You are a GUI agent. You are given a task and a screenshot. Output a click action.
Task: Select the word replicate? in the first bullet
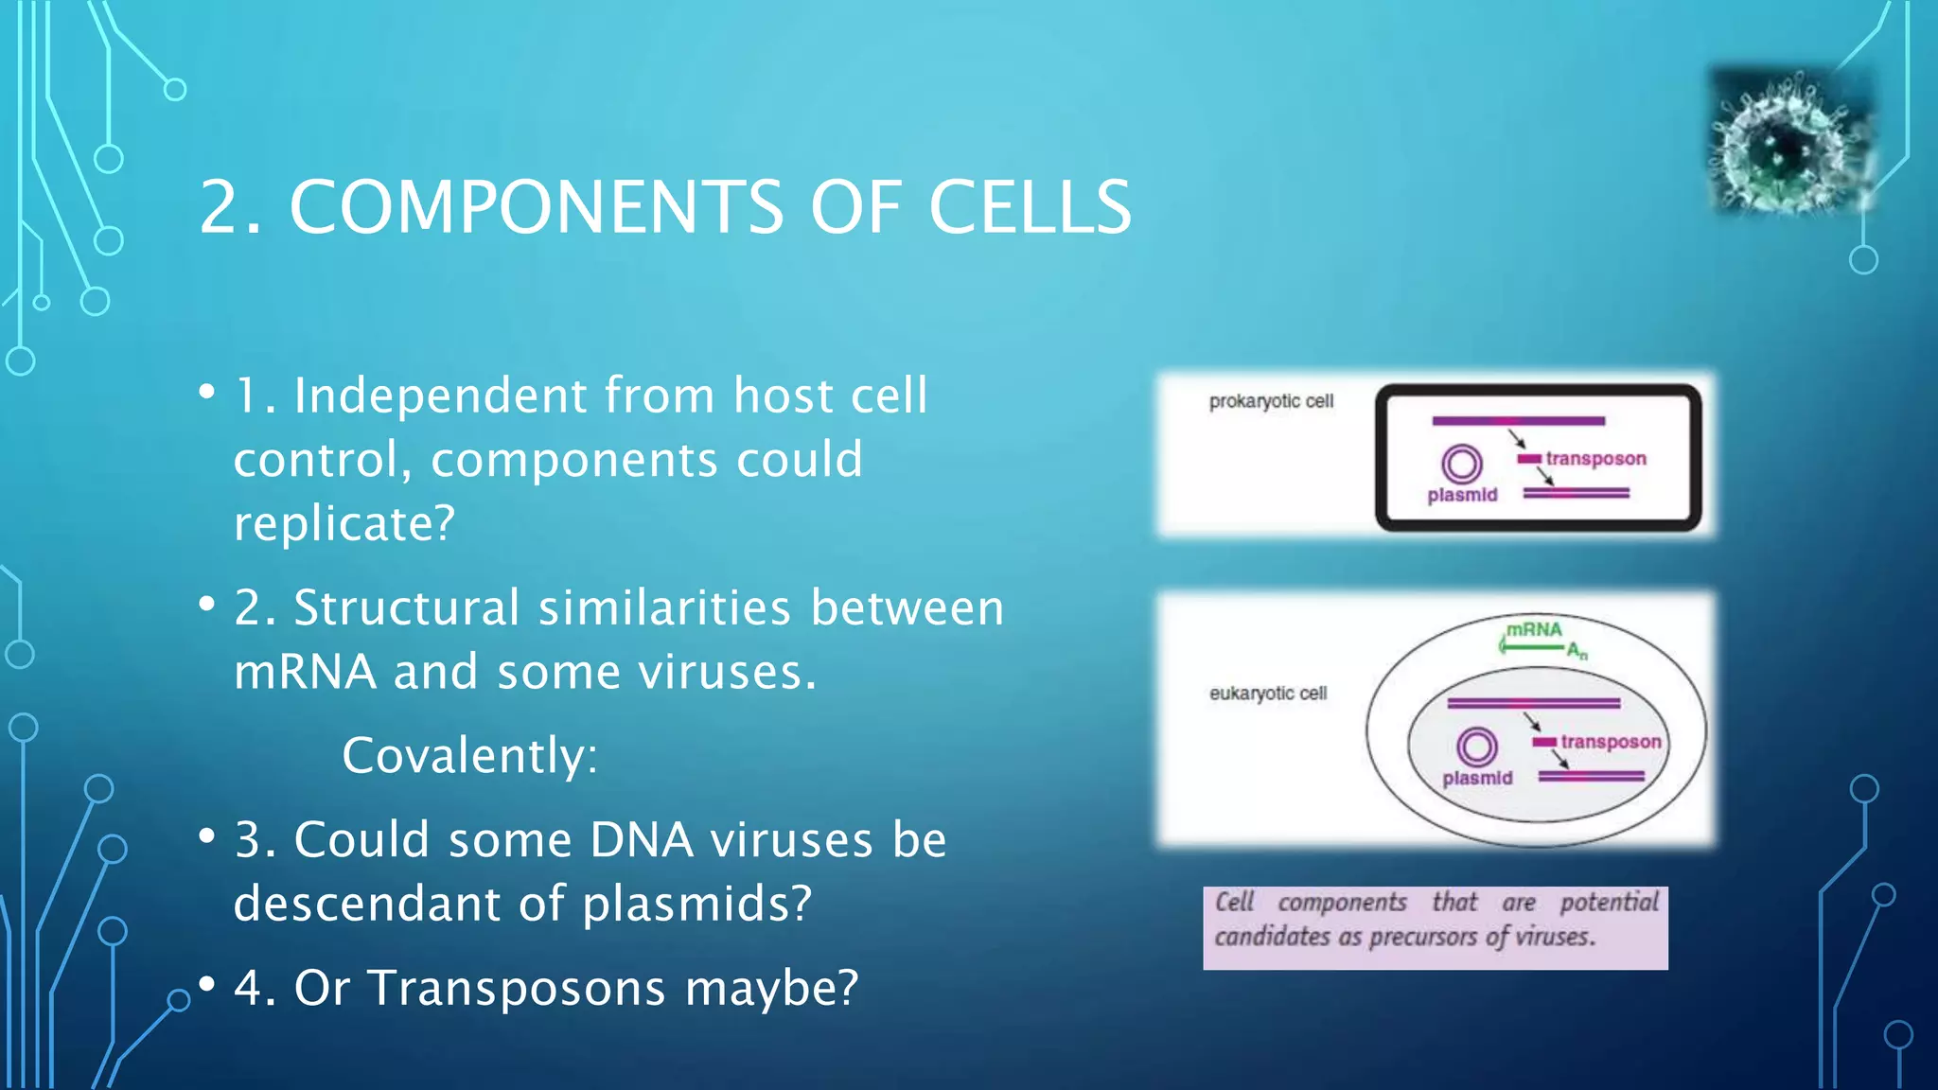344,523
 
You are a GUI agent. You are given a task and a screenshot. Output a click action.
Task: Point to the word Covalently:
470,755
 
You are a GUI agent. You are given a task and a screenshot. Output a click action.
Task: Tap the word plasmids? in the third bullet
696,904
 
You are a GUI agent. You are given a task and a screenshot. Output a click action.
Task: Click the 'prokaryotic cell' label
1271,401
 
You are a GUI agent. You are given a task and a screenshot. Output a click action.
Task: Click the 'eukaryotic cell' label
1268,694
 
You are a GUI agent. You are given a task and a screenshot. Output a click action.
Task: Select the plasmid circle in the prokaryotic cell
1462,464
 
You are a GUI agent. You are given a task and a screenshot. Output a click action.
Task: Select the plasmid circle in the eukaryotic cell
1477,747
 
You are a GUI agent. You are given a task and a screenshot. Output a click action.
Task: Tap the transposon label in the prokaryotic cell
1595,459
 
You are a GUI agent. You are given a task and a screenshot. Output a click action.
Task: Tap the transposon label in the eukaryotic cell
1611,742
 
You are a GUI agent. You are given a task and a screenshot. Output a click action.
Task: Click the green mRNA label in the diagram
1534,630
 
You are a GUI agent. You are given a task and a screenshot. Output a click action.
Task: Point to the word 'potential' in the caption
1609,902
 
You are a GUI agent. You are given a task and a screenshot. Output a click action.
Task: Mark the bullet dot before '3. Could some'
207,835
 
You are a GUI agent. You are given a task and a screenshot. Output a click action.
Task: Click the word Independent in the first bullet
440,396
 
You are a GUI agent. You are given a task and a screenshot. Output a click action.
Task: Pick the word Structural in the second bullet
407,607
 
